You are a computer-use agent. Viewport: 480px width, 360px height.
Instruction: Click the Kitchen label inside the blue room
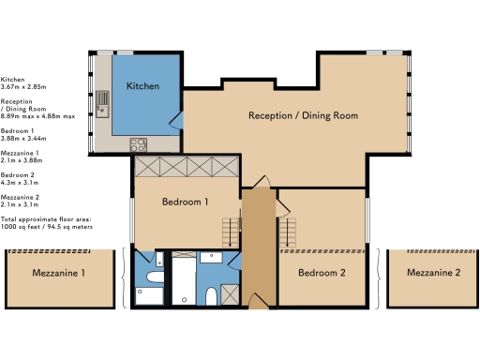[x=142, y=86]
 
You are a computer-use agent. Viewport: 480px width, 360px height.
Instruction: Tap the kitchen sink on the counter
[x=102, y=104]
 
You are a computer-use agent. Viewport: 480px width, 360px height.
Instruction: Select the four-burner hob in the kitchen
[x=139, y=145]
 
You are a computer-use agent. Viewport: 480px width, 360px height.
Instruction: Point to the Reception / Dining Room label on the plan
[x=303, y=115]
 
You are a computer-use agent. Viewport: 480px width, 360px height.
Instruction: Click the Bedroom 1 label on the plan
[x=185, y=202]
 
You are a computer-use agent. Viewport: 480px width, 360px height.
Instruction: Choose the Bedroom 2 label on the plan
[x=322, y=273]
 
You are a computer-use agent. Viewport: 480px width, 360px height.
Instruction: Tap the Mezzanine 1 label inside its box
[x=58, y=273]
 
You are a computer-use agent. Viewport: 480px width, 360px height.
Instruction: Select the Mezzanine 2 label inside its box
[x=433, y=273]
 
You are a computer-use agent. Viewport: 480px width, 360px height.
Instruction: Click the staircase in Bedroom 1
[x=231, y=232]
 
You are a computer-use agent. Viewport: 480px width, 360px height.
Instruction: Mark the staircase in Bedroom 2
[x=288, y=232]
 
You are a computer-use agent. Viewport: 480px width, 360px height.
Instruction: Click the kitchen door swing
[x=176, y=120]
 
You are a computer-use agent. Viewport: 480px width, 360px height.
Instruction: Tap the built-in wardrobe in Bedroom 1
[x=187, y=167]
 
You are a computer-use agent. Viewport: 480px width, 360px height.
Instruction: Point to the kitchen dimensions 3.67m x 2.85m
[x=23, y=87]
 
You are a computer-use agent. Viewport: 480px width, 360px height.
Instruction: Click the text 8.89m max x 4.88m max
[x=37, y=116]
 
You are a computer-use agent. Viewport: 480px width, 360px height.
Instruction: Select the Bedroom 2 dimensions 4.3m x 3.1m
[x=20, y=183]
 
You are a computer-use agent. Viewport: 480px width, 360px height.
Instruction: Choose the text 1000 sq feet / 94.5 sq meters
[x=47, y=227]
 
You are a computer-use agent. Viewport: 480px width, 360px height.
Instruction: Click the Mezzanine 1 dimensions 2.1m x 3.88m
[x=22, y=160]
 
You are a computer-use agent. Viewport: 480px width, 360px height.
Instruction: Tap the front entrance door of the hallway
[x=260, y=301]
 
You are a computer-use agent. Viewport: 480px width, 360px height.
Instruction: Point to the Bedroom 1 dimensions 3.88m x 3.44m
[x=23, y=138]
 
